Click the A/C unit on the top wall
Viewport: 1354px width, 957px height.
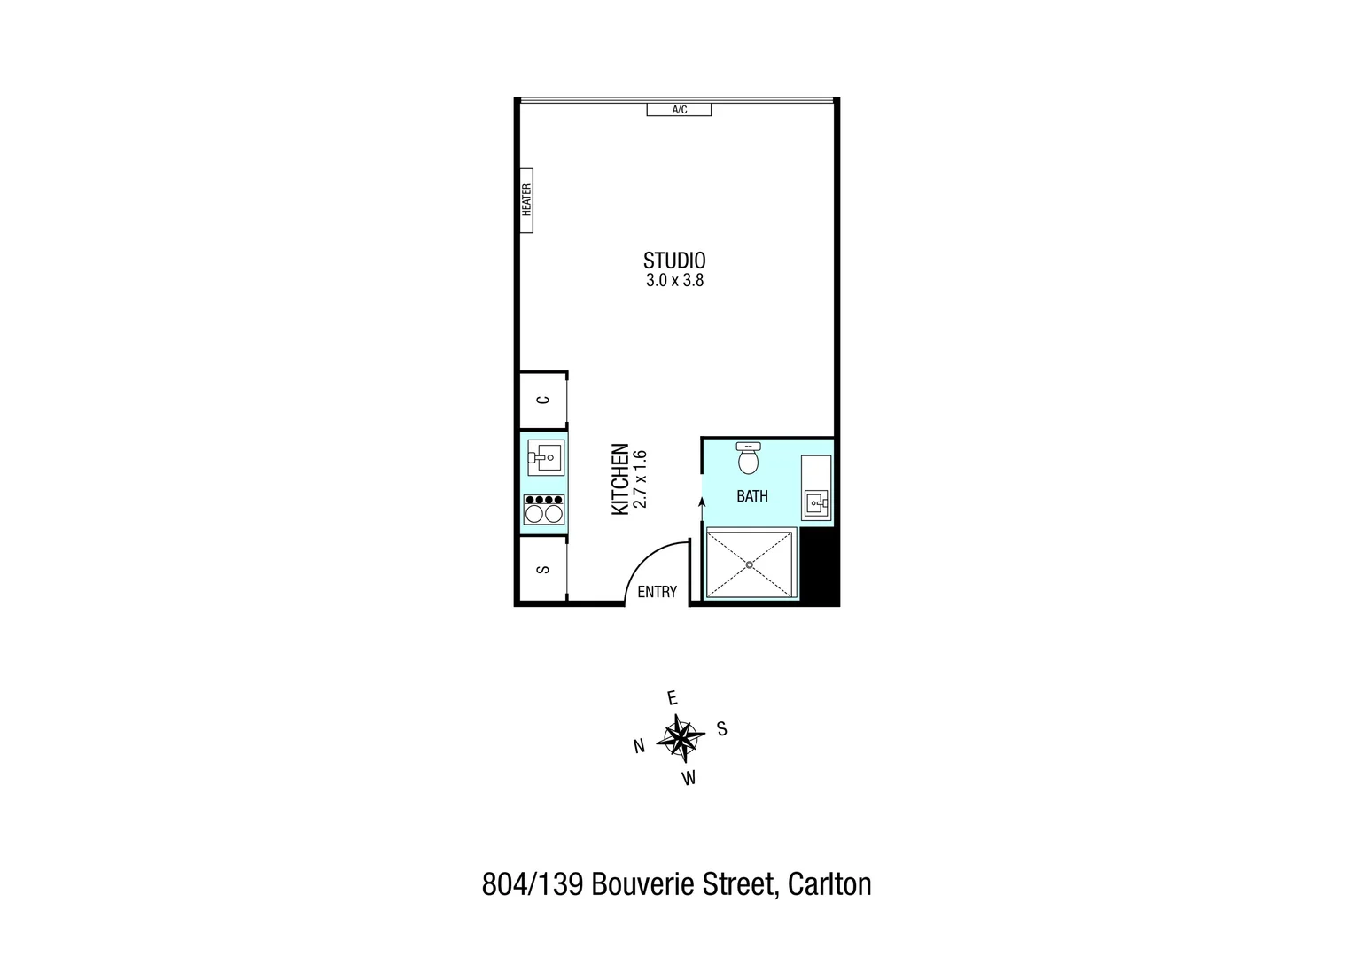click(x=679, y=110)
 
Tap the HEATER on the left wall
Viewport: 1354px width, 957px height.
click(x=526, y=200)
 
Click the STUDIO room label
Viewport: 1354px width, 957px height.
click(x=674, y=261)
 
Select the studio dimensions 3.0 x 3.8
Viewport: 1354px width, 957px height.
click(x=674, y=282)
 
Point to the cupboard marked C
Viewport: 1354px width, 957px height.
click(x=543, y=401)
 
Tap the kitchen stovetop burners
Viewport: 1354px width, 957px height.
click(x=544, y=510)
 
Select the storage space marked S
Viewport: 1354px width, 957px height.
click(x=543, y=570)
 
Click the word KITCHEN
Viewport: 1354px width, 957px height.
click(x=620, y=479)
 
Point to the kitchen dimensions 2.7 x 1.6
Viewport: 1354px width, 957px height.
click(x=642, y=479)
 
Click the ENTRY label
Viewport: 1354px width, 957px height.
click(x=658, y=592)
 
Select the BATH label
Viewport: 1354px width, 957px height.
click(x=752, y=496)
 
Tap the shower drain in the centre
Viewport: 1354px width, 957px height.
click(x=750, y=564)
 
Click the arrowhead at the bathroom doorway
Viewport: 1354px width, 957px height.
click(x=703, y=502)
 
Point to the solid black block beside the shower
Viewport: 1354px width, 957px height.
click(x=819, y=567)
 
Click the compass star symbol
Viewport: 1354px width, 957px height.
click(x=680, y=737)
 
